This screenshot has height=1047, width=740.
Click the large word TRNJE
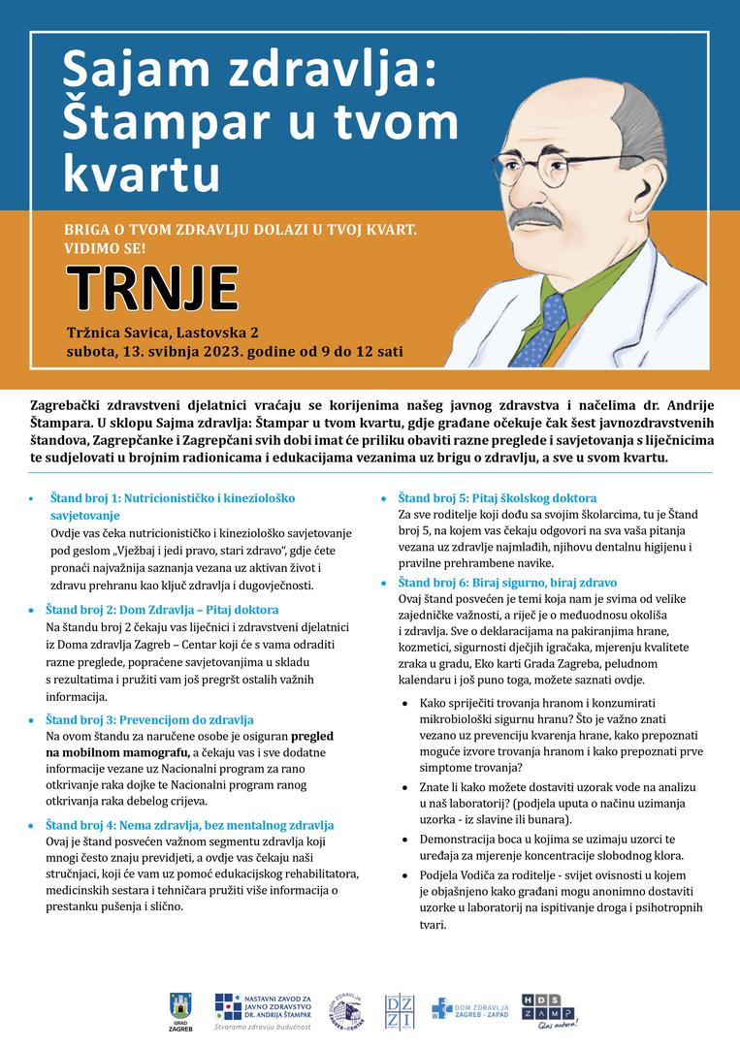pos(152,286)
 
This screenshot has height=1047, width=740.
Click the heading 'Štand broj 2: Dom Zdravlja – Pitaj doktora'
pos(162,611)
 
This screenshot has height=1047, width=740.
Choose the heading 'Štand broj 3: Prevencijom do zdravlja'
pos(149,720)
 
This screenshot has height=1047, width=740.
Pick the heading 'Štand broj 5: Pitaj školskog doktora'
pos(498,498)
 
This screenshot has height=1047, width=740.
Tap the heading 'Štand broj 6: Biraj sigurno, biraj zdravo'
pos(507,584)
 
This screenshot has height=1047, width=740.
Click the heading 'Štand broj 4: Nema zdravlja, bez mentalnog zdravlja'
pos(189,825)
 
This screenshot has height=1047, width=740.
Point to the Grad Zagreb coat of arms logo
pos(181,1008)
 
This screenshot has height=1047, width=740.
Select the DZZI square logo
pos(399,1011)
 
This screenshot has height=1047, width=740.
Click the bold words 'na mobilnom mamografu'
pos(117,752)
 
